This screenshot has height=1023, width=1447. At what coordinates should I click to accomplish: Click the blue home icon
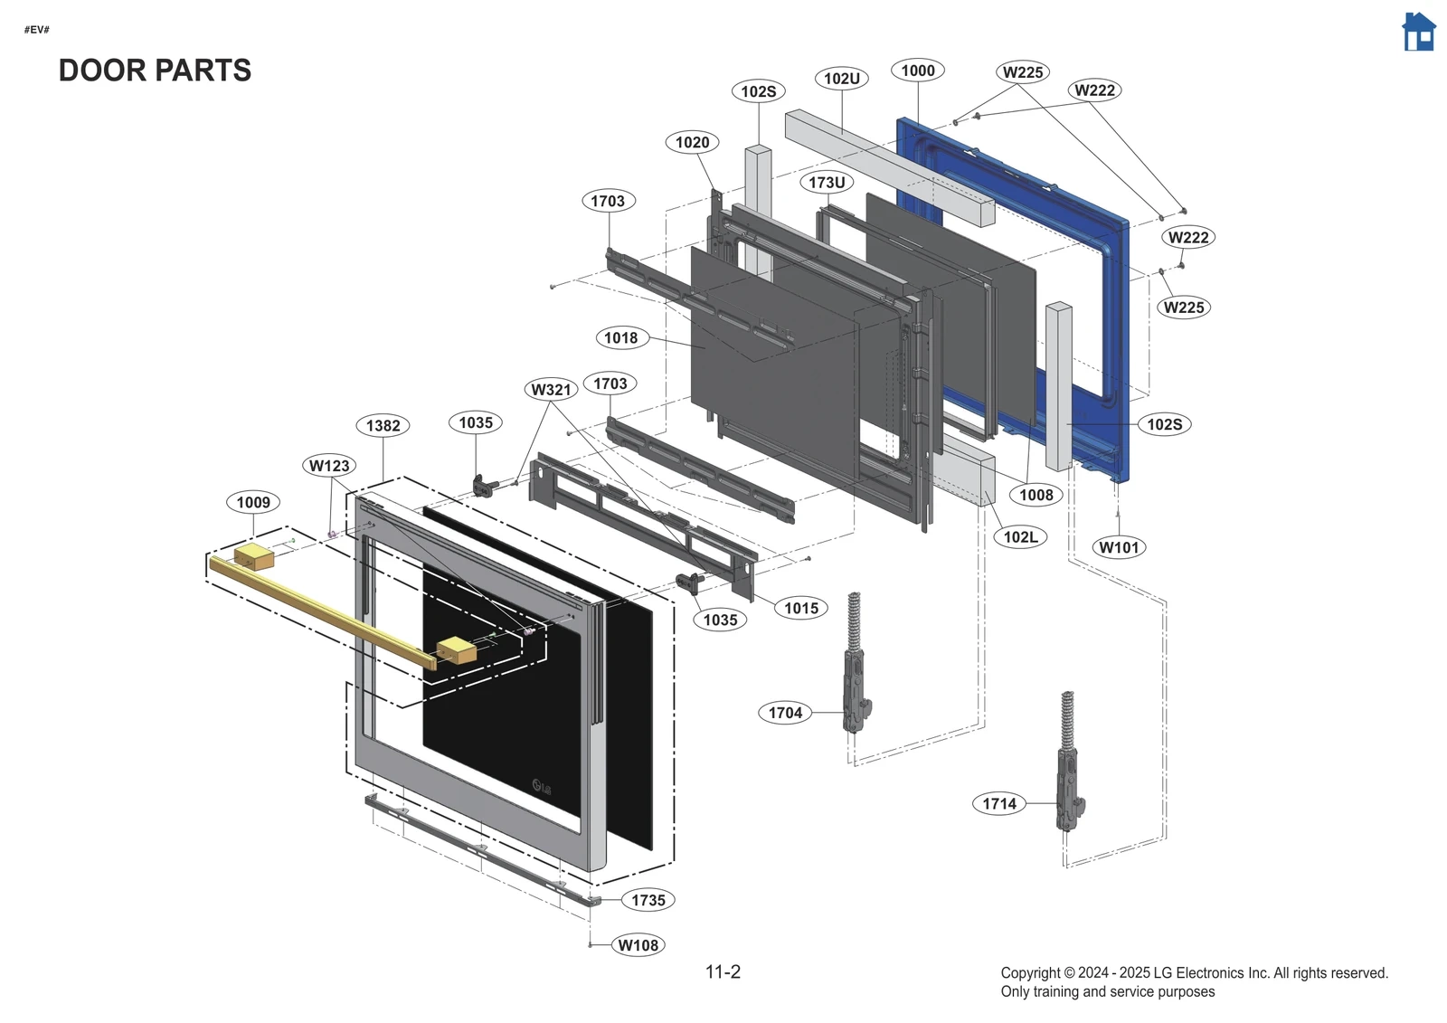[x=1418, y=33]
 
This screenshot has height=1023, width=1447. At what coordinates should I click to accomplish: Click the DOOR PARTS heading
[x=155, y=71]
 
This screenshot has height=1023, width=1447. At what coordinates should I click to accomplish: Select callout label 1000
[x=917, y=71]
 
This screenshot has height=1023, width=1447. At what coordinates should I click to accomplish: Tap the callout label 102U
[x=841, y=79]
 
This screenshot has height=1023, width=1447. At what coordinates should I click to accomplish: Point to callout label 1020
[x=692, y=142]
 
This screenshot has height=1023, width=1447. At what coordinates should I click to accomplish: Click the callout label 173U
[x=827, y=183]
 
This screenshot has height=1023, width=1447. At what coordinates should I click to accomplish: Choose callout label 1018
[x=620, y=337]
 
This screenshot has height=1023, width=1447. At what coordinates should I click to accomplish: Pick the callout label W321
[x=551, y=390]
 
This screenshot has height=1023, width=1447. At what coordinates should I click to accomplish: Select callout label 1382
[x=383, y=425]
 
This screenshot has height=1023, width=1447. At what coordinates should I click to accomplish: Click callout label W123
[x=328, y=466]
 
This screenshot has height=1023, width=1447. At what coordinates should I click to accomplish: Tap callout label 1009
[x=253, y=502]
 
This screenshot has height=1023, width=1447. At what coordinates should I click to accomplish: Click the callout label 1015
[x=800, y=608]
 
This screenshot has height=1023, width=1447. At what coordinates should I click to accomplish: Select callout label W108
[x=638, y=945]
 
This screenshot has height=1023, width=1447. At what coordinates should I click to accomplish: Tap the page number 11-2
[x=723, y=971]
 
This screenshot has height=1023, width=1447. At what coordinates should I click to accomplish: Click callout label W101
[x=1119, y=547]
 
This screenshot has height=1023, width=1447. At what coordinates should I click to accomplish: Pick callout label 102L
[x=1020, y=536]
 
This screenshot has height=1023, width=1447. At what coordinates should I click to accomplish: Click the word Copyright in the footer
[x=1030, y=973]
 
